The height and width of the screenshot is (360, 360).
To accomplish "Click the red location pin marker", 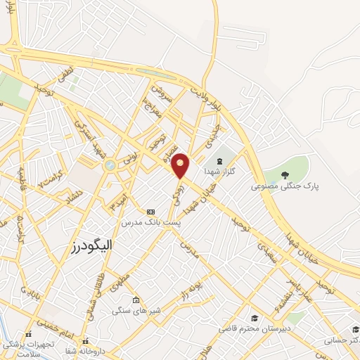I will coord(180,166).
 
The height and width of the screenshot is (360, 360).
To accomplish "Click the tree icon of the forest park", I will coord(285,175).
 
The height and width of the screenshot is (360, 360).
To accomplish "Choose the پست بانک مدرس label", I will coord(150,222).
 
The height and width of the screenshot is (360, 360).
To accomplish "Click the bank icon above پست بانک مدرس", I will coord(150,211).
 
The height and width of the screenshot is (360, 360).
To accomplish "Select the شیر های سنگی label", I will coord(137,310).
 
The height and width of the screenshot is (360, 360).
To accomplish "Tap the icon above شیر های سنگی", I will coord(135,298).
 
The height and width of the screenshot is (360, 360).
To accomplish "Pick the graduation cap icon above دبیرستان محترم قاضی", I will coord(255,318).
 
